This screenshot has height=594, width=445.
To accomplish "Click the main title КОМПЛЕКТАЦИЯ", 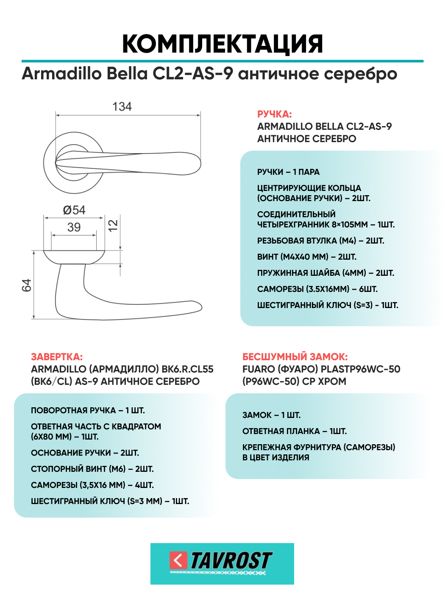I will coord(222,44).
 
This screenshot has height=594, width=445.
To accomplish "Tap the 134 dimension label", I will coord(122,106).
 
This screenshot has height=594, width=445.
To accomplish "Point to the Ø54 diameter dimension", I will coord(74,210).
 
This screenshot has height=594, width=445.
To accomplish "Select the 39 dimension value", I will coord(74,227).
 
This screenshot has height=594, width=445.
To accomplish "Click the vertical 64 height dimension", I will coord(27,285).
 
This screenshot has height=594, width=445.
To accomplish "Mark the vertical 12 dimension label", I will coord(113,225).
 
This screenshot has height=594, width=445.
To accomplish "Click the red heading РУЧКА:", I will coord(274,114).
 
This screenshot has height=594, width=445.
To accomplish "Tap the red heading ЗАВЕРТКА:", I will coord(57,357).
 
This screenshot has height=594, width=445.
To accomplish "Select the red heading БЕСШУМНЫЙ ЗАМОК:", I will coord(295,357).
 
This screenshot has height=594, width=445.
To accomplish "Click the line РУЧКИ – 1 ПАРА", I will coord(288,172).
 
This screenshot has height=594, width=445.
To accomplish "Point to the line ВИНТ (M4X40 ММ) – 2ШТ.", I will coord(306,257).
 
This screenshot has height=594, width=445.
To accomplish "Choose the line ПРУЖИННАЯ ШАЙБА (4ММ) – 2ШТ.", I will coord(325,273).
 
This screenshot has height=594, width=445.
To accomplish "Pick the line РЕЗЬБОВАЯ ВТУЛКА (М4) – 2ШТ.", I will coord(320,241).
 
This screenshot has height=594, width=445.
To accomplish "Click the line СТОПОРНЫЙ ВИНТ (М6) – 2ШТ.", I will coord(92,469).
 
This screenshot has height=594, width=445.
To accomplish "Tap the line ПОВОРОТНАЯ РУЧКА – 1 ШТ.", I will coord(88,410).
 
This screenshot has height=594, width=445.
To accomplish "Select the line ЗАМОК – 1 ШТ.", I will coord(271,415).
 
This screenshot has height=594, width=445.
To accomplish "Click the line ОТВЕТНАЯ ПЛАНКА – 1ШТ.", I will coord(294,431).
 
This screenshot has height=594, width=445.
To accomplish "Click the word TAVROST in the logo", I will coord(231,560).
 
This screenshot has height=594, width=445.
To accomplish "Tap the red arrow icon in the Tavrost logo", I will coord(178,560).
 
